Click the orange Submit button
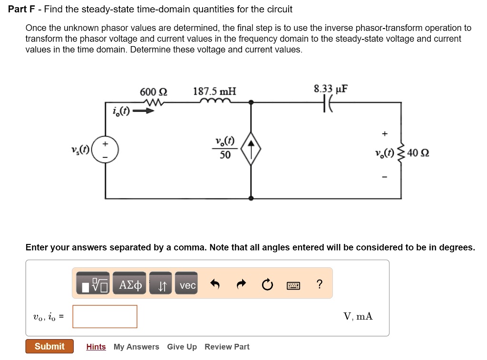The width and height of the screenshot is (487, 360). click(49, 346)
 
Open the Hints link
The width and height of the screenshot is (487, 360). click(96, 347)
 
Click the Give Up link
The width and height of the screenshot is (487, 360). click(182, 347)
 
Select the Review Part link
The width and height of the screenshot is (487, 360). click(227, 347)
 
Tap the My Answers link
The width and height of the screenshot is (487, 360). click(136, 347)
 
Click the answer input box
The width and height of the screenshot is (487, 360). click(105, 316)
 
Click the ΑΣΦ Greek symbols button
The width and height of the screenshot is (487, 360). click(130, 285)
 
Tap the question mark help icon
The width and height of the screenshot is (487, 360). click(319, 284)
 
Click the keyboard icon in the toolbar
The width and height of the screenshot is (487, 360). click(293, 285)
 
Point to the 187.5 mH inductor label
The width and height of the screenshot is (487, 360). click(214, 91)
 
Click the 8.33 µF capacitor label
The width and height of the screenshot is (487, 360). click(331, 89)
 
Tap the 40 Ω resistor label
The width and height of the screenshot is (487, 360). click(419, 153)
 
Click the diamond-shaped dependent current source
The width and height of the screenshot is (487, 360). click(251, 148)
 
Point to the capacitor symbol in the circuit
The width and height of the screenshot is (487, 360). click(328, 102)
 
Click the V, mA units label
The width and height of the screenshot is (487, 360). click(358, 316)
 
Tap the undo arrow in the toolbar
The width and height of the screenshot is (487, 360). click(215, 285)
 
